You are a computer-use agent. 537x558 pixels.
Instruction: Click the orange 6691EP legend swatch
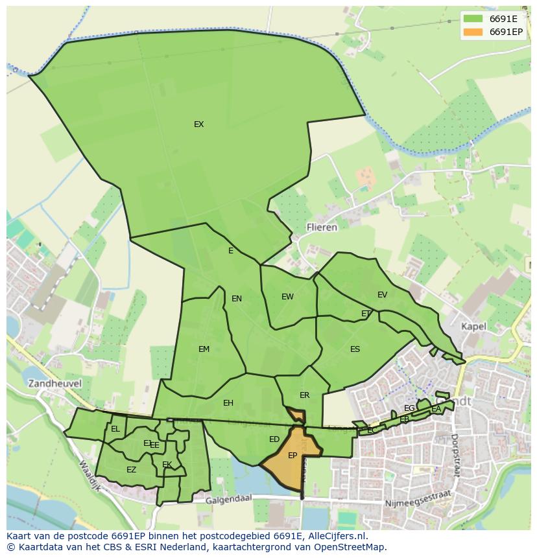click(473, 32)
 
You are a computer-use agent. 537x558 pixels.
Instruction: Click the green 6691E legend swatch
click(473, 19)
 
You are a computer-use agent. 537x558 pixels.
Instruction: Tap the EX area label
click(198, 124)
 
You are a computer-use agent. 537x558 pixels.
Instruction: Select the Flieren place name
click(322, 227)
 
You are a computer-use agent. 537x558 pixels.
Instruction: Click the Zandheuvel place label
click(54, 384)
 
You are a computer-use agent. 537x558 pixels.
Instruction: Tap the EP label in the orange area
click(292, 456)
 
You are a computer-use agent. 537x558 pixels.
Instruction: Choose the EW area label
click(287, 297)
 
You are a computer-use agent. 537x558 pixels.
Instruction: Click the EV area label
click(382, 295)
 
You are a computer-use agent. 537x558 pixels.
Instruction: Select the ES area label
click(355, 349)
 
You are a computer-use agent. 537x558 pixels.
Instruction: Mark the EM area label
click(204, 349)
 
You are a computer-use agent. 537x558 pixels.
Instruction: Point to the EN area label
click(237, 299)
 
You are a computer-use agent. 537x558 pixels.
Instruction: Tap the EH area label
click(228, 403)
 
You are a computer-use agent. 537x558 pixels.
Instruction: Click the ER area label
click(304, 395)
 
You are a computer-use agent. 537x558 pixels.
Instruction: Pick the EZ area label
click(131, 470)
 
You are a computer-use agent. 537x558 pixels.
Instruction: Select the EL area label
click(115, 429)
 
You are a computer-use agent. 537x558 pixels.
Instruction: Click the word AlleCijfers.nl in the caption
click(336, 536)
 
